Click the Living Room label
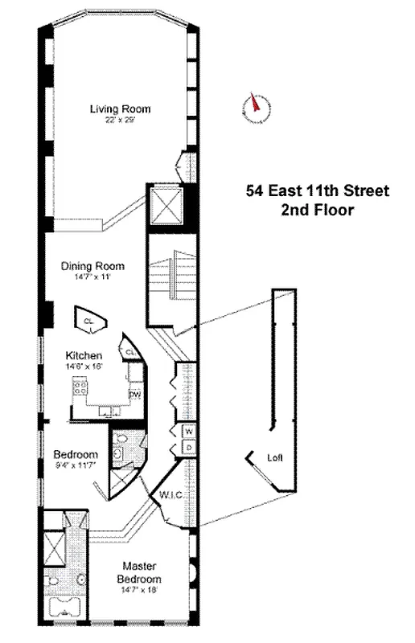120,109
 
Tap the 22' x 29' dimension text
120,121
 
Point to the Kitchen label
84,354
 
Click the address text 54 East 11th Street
317,191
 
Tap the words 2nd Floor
317,211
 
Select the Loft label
276,458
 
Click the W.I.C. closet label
174,494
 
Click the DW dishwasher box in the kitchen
135,394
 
